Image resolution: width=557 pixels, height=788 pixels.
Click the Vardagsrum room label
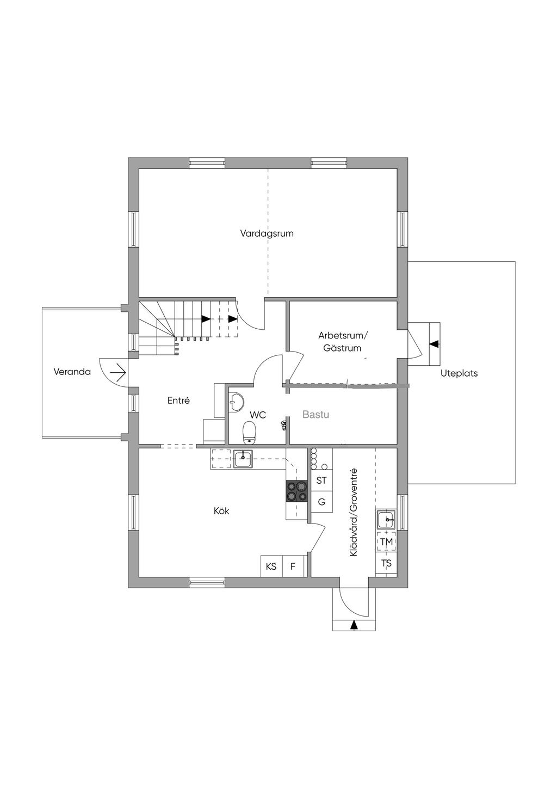tap(267, 233)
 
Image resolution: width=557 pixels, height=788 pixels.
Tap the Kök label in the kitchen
tap(221, 510)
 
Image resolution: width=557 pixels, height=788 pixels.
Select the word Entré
tap(178, 401)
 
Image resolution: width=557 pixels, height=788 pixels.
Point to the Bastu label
tap(316, 415)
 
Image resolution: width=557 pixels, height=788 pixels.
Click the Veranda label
tap(72, 372)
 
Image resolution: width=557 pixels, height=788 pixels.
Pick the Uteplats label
tap(459, 373)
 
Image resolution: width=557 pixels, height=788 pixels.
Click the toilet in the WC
tap(249, 432)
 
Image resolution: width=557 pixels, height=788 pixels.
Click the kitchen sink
tap(243, 459)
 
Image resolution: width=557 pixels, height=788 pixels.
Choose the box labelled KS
tap(271, 567)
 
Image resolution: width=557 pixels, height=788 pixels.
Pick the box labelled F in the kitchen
tap(293, 567)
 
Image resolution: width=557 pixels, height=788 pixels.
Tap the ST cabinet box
tap(322, 481)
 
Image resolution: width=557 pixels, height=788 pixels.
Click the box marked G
tap(322, 502)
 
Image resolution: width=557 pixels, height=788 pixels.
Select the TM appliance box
tap(386, 542)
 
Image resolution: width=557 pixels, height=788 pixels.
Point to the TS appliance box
tap(386, 564)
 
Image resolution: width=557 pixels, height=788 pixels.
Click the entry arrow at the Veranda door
tap(118, 372)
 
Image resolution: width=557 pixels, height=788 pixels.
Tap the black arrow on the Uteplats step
tap(435, 343)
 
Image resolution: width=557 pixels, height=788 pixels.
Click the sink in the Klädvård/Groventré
tap(386, 519)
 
